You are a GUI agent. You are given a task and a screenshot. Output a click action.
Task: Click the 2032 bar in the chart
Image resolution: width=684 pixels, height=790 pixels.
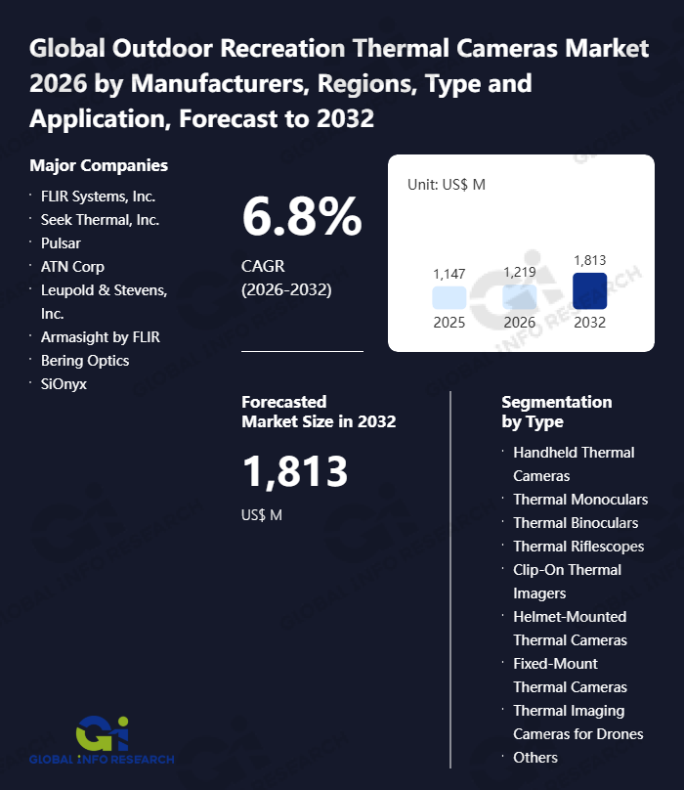[x=589, y=290]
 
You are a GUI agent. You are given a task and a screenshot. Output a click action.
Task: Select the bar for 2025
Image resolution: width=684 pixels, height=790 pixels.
[x=449, y=298]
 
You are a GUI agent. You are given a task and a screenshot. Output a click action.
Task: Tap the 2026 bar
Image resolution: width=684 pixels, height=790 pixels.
[x=519, y=297]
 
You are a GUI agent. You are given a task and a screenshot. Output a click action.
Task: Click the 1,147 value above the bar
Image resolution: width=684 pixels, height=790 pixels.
[x=449, y=274]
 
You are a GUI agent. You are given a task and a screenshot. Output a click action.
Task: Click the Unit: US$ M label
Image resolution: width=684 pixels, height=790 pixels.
[x=446, y=185]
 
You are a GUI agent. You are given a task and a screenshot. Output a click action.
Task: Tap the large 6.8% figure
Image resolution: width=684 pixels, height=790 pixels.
[x=302, y=217]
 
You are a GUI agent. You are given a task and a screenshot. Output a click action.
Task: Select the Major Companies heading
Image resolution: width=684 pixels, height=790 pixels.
[x=99, y=165]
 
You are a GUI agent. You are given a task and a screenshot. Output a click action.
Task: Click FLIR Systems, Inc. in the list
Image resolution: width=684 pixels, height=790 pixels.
[x=98, y=196]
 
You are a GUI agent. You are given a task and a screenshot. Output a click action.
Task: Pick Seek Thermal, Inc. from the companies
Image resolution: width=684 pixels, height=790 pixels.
[x=100, y=219]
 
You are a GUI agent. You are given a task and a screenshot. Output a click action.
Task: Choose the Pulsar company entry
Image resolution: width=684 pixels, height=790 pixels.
[x=61, y=242]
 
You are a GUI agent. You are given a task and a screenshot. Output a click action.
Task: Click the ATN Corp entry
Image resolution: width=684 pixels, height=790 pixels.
[x=72, y=266]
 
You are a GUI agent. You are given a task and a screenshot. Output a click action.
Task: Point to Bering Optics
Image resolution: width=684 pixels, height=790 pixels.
[x=85, y=360]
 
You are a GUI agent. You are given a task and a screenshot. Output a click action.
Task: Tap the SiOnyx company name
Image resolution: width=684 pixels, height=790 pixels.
[x=64, y=383]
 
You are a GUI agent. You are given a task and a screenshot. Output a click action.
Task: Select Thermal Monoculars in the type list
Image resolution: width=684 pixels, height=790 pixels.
[x=580, y=499]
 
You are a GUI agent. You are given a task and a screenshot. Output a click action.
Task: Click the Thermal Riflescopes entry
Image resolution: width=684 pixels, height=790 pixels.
[x=578, y=546]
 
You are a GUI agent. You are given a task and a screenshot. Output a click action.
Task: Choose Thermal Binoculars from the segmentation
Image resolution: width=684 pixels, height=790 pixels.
[x=576, y=522]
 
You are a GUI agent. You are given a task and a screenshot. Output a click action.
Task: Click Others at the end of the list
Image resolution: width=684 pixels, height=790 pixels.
[x=535, y=757]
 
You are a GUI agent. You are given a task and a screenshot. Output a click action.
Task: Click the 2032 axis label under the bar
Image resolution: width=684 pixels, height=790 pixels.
[x=589, y=322]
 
